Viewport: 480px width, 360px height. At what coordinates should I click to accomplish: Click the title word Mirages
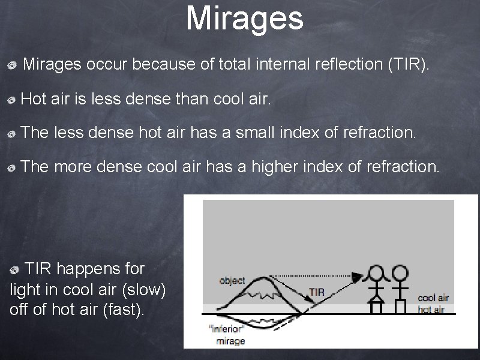[x=245, y=18]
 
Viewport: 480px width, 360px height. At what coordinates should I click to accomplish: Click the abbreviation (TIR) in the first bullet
[x=409, y=64]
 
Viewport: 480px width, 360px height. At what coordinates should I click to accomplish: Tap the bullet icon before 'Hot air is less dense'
[x=12, y=101]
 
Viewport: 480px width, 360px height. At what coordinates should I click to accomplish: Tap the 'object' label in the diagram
[x=232, y=280]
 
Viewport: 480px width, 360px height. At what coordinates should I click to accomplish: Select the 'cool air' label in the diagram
[x=433, y=298]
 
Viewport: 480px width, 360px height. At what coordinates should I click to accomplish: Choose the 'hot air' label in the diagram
[x=431, y=310]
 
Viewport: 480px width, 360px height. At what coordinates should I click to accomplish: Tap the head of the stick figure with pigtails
[x=376, y=273]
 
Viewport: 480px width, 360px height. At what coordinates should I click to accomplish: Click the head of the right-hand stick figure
[x=398, y=273]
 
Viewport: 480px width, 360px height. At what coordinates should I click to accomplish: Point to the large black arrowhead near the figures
[x=358, y=277]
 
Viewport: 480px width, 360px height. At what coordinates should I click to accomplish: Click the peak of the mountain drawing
[x=266, y=278]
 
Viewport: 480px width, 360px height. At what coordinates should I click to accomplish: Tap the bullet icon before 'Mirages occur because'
[x=12, y=65]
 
